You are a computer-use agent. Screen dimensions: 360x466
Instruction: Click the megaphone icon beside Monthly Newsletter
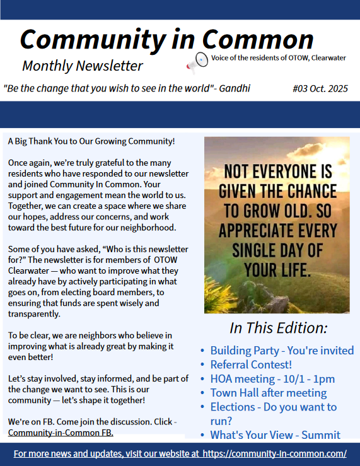coord(197,61)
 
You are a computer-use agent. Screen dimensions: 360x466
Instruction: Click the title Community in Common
coord(166,39)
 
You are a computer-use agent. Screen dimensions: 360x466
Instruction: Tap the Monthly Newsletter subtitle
coord(82,66)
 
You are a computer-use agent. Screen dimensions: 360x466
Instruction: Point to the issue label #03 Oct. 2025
coord(320,88)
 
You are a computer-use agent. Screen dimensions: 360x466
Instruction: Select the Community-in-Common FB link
coord(61,433)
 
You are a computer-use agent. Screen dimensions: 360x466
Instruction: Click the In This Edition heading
coord(278,328)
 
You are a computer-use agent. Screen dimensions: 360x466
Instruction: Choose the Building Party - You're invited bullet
coord(282,351)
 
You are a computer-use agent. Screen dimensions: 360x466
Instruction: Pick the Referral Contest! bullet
coord(251,364)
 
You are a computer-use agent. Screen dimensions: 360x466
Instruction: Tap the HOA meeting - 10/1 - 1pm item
coord(272,379)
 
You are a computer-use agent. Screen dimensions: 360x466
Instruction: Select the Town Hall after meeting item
coord(268,393)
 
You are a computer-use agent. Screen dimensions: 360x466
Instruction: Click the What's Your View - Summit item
coord(275,434)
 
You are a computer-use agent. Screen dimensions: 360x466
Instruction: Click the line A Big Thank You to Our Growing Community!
coord(91,142)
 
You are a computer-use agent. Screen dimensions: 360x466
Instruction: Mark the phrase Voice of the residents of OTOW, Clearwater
coord(279,58)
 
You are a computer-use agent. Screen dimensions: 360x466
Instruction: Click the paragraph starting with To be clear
coord(90,346)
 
